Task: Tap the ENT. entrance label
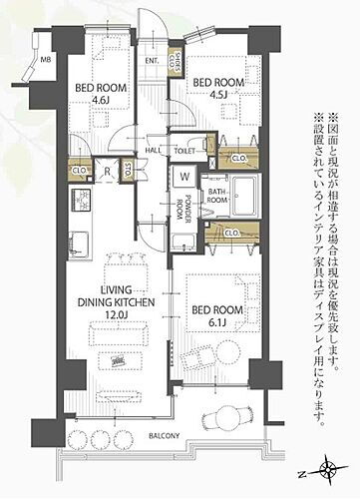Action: coord(152,62)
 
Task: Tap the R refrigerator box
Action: coord(107,170)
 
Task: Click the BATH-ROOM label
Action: coord(217,194)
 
